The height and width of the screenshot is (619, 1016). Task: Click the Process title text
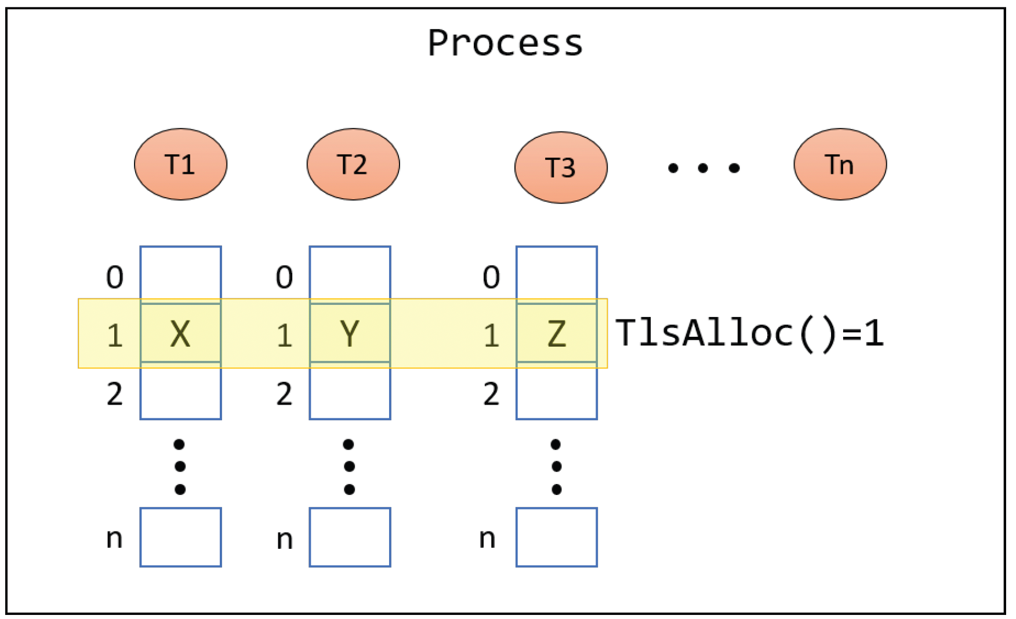[x=505, y=43]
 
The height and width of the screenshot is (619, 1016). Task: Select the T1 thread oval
[x=180, y=165]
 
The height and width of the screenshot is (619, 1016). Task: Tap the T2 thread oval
[x=353, y=165]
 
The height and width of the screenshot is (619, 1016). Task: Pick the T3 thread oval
[x=561, y=168]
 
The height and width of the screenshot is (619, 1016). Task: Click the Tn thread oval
[x=840, y=165]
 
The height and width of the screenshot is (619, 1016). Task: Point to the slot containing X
[x=180, y=333]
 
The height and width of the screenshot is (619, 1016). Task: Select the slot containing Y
[x=350, y=333]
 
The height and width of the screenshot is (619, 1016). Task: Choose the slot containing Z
[x=557, y=333]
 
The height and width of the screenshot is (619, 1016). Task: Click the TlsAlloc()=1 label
[x=749, y=333]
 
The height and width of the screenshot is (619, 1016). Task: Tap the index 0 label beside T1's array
[x=115, y=277]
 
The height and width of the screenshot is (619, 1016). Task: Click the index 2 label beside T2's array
[x=284, y=394]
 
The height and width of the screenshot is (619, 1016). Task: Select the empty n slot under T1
[x=180, y=537]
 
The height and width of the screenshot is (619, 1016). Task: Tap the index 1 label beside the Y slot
[x=284, y=336]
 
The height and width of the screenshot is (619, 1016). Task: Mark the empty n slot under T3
[x=557, y=537]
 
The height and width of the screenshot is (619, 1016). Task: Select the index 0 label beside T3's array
[x=491, y=277]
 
